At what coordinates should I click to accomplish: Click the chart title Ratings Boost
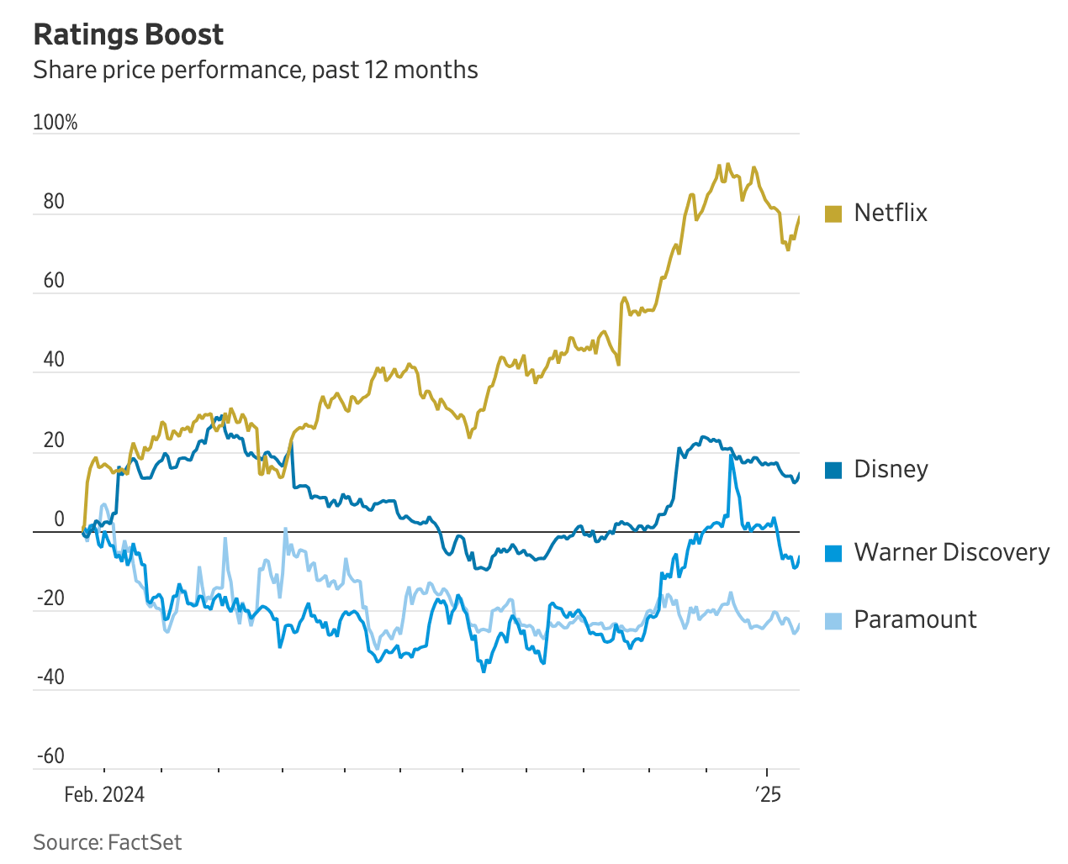pyautogui.click(x=128, y=34)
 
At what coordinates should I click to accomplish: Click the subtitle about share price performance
pyautogui.click(x=255, y=70)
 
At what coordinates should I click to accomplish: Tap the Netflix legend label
pyautogui.click(x=890, y=213)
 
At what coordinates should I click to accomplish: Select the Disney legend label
pyautogui.click(x=891, y=469)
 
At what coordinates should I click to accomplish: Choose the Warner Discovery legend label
pyautogui.click(x=951, y=552)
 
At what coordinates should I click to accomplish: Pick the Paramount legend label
pyautogui.click(x=915, y=619)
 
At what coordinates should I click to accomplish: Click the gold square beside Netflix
pyautogui.click(x=833, y=213)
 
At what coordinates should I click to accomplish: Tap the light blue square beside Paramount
pyautogui.click(x=833, y=620)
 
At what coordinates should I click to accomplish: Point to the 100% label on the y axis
pyautogui.click(x=56, y=123)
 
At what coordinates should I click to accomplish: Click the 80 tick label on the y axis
pyautogui.click(x=54, y=202)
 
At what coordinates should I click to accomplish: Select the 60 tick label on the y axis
pyautogui.click(x=54, y=281)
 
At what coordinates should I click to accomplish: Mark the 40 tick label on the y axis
pyautogui.click(x=54, y=360)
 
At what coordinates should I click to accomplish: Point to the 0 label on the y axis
pyautogui.click(x=59, y=519)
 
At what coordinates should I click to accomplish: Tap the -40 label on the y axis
pyautogui.click(x=50, y=677)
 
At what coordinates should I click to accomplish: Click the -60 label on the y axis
pyautogui.click(x=50, y=756)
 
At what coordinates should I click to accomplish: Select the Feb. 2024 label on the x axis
pyautogui.click(x=104, y=794)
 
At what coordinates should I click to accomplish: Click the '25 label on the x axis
pyautogui.click(x=767, y=794)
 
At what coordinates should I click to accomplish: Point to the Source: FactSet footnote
pyautogui.click(x=108, y=842)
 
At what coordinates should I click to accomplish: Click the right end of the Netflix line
pyautogui.click(x=798, y=218)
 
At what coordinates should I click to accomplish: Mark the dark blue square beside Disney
pyautogui.click(x=833, y=470)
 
